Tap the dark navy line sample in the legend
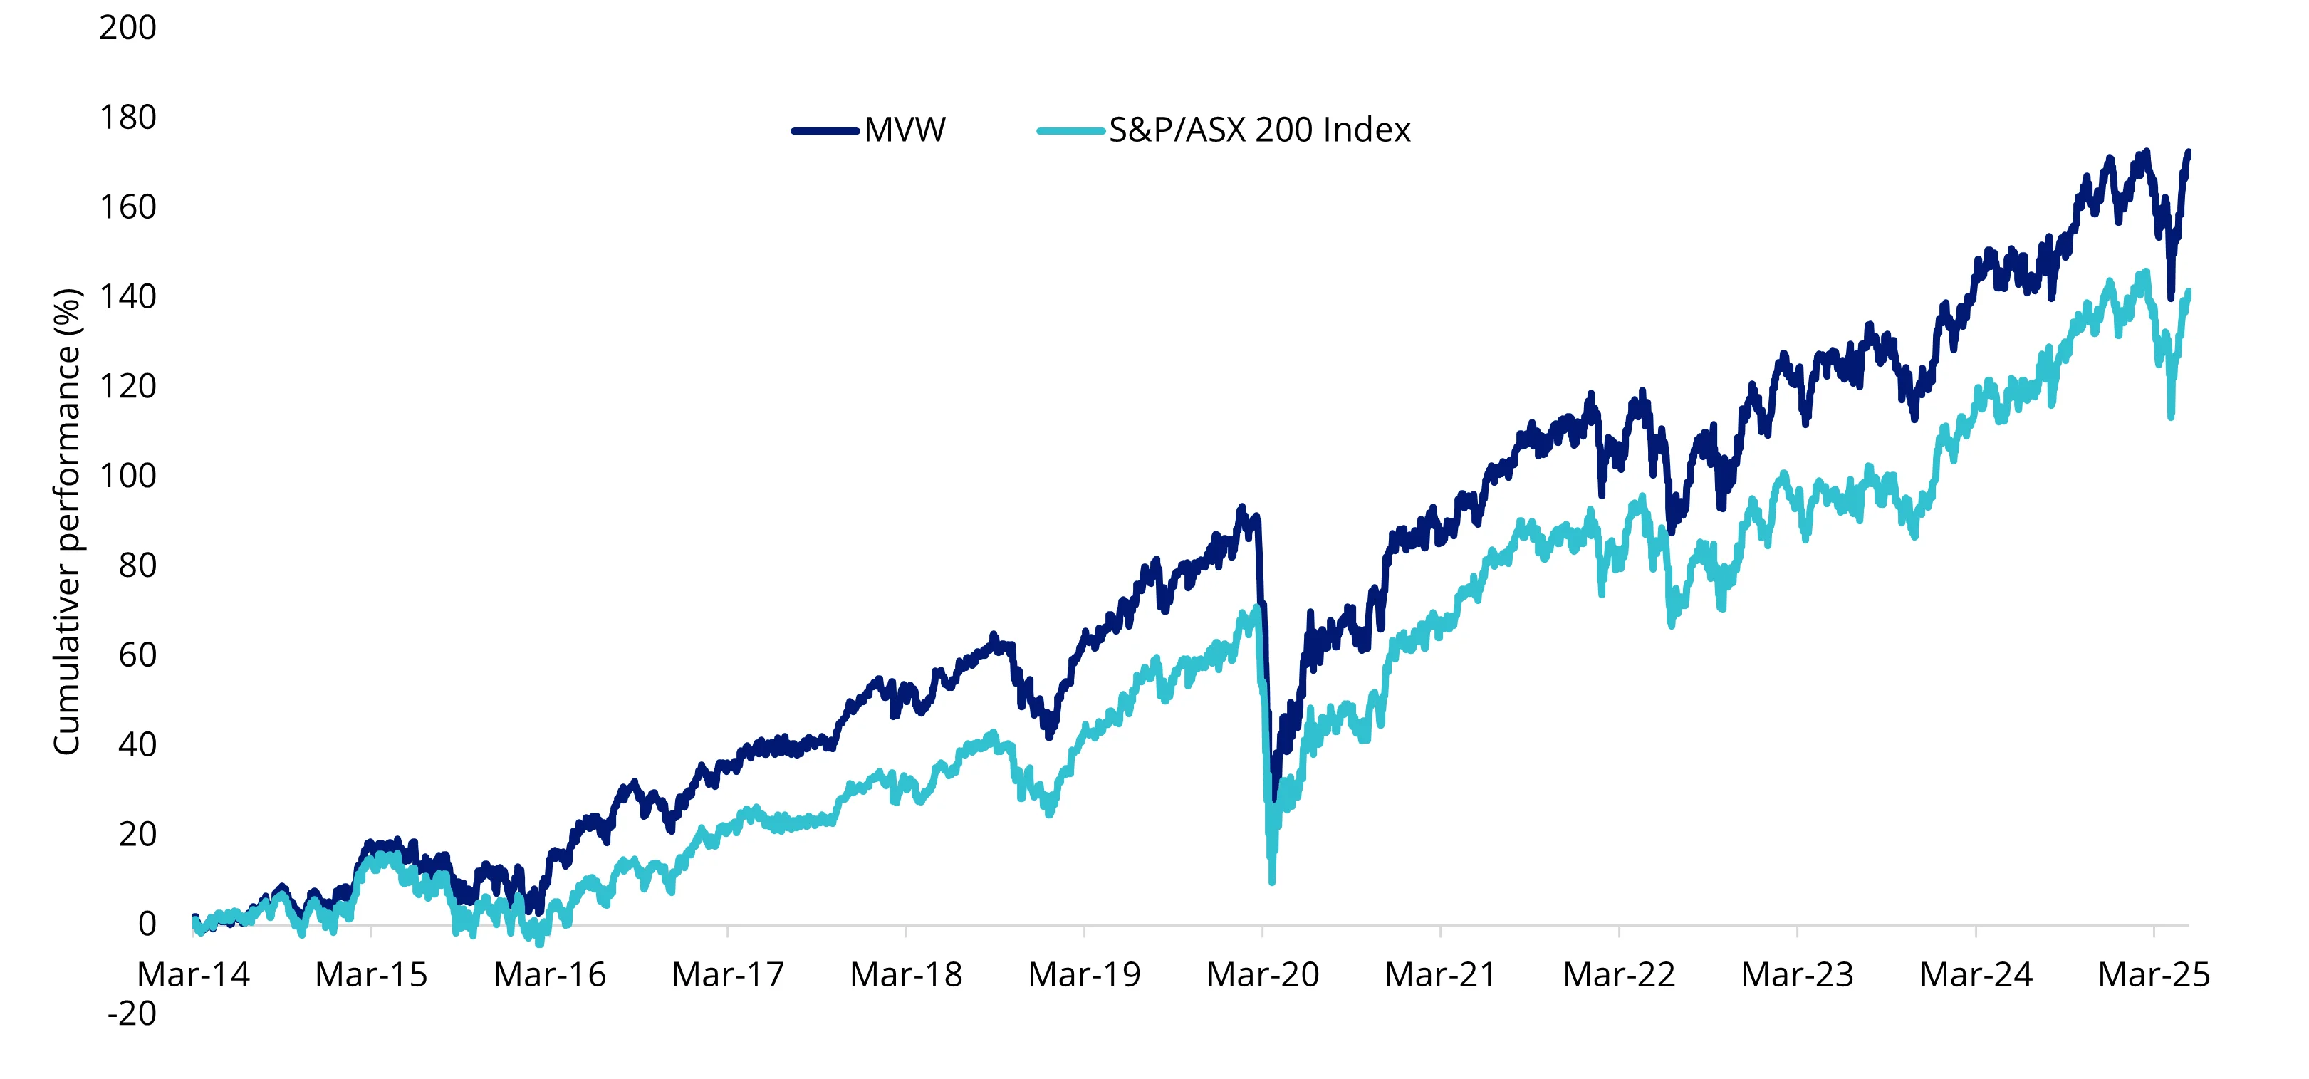pos(825,131)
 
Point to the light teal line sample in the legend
pos(1070,131)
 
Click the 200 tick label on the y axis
pos(127,28)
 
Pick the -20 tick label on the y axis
pos(132,1014)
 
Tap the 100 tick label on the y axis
pos(127,476)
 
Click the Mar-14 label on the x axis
pos(193,975)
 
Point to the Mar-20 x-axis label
pos(1262,975)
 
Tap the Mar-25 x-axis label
pos(2154,975)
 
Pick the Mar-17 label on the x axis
pos(728,975)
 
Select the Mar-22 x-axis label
pos(1619,975)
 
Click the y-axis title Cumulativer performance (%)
pos(67,521)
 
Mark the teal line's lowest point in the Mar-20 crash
pos(1272,882)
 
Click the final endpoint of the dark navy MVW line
pos(2189,152)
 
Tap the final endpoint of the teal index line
pos(2189,292)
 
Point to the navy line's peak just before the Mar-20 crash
pos(1241,508)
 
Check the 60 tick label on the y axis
pos(137,656)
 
